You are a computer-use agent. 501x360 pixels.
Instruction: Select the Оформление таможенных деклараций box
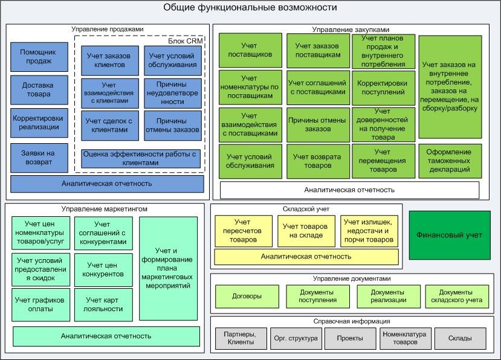(x=450, y=161)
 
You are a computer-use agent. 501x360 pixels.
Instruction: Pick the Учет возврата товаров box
(x=317, y=161)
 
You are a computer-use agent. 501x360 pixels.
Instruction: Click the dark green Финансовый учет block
(x=450, y=235)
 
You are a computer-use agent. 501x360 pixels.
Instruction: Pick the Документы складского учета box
(x=456, y=296)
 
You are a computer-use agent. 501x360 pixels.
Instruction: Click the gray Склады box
(x=460, y=338)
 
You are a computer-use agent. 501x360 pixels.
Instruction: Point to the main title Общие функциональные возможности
(x=250, y=8)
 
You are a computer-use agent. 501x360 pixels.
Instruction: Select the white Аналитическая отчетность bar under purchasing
(x=349, y=190)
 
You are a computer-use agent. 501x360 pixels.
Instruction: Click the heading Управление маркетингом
(x=104, y=209)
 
